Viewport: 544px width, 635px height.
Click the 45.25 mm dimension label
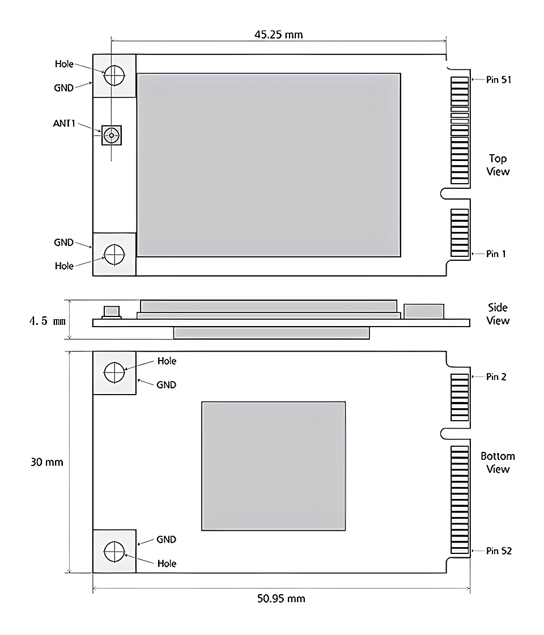(278, 35)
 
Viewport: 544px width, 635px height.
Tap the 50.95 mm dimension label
(281, 598)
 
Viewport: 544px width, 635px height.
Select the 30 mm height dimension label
(47, 462)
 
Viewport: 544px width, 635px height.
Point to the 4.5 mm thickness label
(48, 321)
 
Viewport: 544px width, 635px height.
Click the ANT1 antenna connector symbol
(112, 135)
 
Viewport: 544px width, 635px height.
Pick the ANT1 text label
(65, 123)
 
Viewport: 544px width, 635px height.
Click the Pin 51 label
(499, 80)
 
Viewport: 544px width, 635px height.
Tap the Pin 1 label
(496, 253)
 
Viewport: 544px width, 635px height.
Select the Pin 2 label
(496, 376)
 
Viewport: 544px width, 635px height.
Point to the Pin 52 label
(499, 551)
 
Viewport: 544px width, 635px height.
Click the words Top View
(498, 165)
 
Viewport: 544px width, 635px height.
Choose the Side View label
(498, 314)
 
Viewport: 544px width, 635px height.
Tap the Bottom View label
(498, 463)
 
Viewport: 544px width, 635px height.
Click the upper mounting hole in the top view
(114, 74)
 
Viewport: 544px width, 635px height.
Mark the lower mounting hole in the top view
(114, 254)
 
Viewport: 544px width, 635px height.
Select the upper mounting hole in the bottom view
(114, 372)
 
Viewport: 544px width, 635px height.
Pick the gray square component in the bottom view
(273, 466)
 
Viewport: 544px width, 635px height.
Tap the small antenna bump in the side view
(111, 311)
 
